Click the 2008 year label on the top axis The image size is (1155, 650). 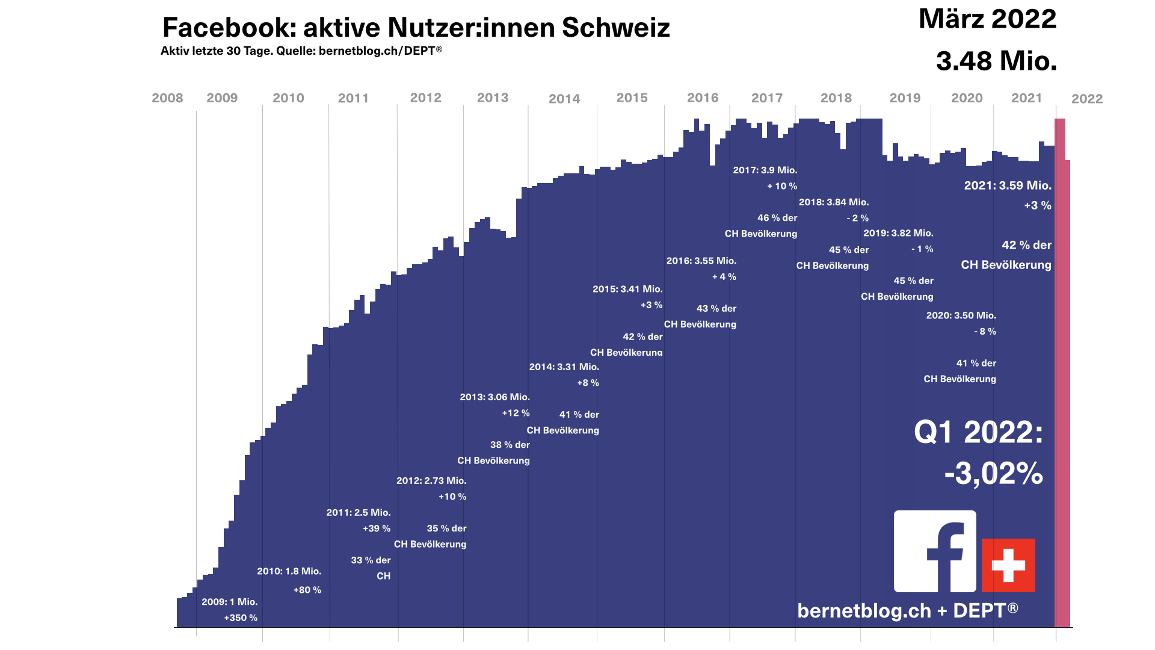(x=167, y=98)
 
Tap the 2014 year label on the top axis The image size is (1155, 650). (x=564, y=99)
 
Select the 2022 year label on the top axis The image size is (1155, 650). (x=1087, y=99)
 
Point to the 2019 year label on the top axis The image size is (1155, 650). (x=905, y=98)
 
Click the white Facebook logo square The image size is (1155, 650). (x=935, y=551)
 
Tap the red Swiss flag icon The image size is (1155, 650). (x=1008, y=565)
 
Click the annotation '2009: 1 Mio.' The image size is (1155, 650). (x=229, y=602)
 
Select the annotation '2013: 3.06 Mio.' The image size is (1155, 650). (x=494, y=397)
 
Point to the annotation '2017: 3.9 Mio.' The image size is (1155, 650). (x=765, y=170)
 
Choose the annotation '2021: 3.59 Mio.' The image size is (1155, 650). (x=1008, y=185)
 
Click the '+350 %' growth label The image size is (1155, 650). (x=241, y=618)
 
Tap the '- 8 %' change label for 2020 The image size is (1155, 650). (x=985, y=332)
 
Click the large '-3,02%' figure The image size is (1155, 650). (x=993, y=474)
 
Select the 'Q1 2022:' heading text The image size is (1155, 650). (x=978, y=432)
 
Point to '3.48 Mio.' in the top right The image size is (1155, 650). (x=996, y=61)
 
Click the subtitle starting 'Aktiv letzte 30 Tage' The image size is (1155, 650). (x=301, y=51)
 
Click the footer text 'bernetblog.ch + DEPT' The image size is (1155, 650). (x=907, y=610)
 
